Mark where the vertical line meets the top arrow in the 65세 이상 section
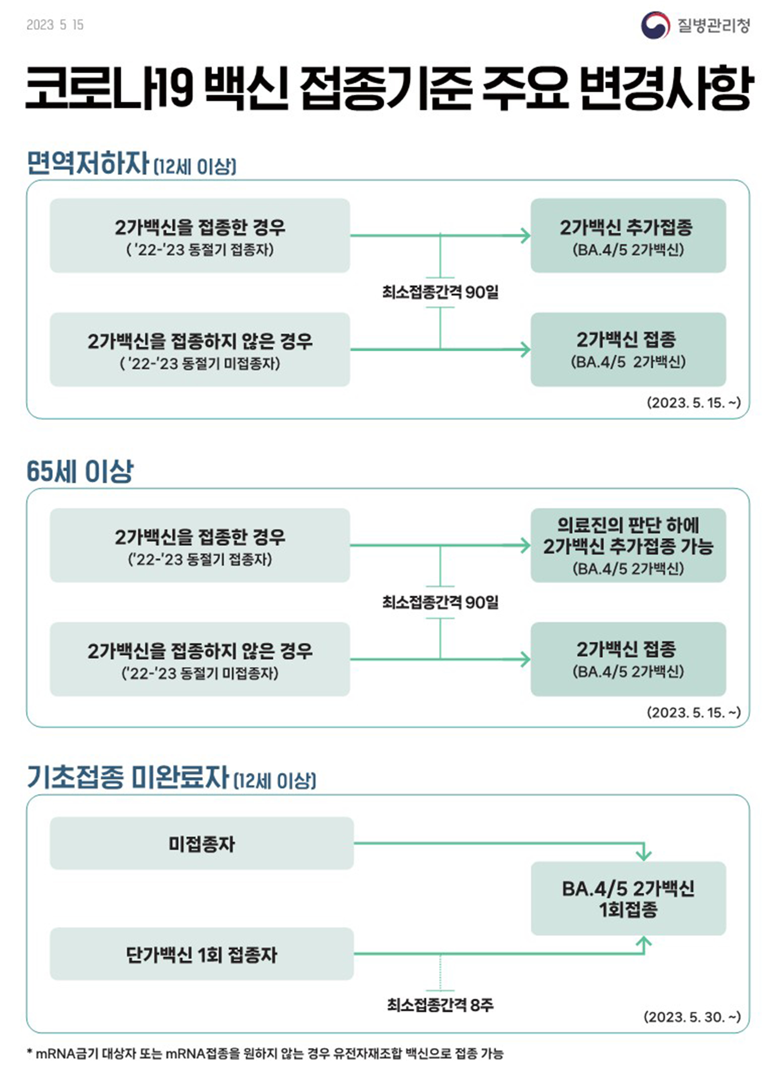click(x=440, y=545)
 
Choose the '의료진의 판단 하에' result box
click(x=628, y=545)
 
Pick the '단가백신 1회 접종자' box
click(x=202, y=954)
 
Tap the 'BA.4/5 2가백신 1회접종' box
click(x=628, y=898)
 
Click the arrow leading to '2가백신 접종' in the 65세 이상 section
click(x=440, y=659)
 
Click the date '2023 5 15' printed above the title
click(x=55, y=25)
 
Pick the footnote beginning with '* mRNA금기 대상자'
click(x=265, y=1053)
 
